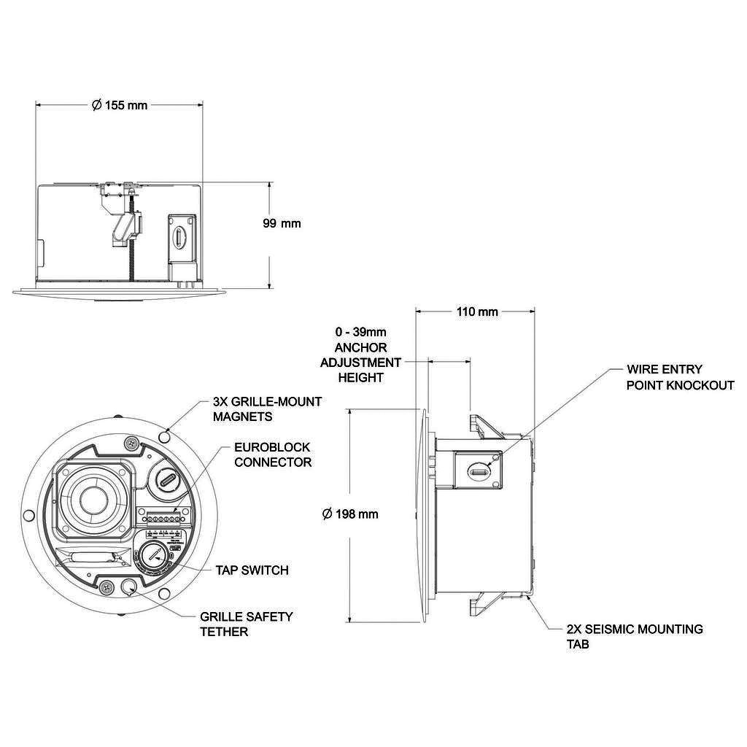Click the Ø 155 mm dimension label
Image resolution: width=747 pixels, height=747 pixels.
120,105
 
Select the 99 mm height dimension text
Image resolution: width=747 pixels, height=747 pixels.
282,223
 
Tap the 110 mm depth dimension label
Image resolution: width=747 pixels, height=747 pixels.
477,311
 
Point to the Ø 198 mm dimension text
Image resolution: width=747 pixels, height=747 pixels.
350,514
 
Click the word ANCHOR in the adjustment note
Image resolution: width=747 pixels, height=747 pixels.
360,347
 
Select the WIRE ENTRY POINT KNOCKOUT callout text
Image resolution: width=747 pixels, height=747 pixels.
681,377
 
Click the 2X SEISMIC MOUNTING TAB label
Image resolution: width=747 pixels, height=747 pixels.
635,636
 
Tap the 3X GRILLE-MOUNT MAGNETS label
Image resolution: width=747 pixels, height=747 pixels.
267,409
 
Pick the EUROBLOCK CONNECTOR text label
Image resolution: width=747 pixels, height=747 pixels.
273,454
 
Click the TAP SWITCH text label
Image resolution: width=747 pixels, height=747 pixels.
252,570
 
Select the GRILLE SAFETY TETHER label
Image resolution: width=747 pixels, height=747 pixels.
247,624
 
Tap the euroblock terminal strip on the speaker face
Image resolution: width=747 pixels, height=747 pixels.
161,516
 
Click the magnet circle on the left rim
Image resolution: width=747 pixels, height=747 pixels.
28,516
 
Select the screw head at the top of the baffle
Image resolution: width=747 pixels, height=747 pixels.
131,444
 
